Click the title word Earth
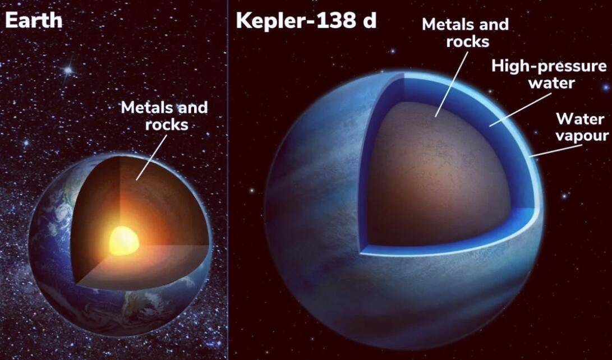coord(34,21)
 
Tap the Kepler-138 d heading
coord(306,21)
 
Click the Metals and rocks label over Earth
coord(164,116)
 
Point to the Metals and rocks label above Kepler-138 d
coord(465,33)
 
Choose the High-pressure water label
coord(549,74)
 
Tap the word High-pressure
coord(549,66)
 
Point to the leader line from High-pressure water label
coord(519,109)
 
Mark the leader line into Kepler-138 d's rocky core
coord(452,84)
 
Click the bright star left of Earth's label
coord(68,70)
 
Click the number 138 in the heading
coord(339,21)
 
